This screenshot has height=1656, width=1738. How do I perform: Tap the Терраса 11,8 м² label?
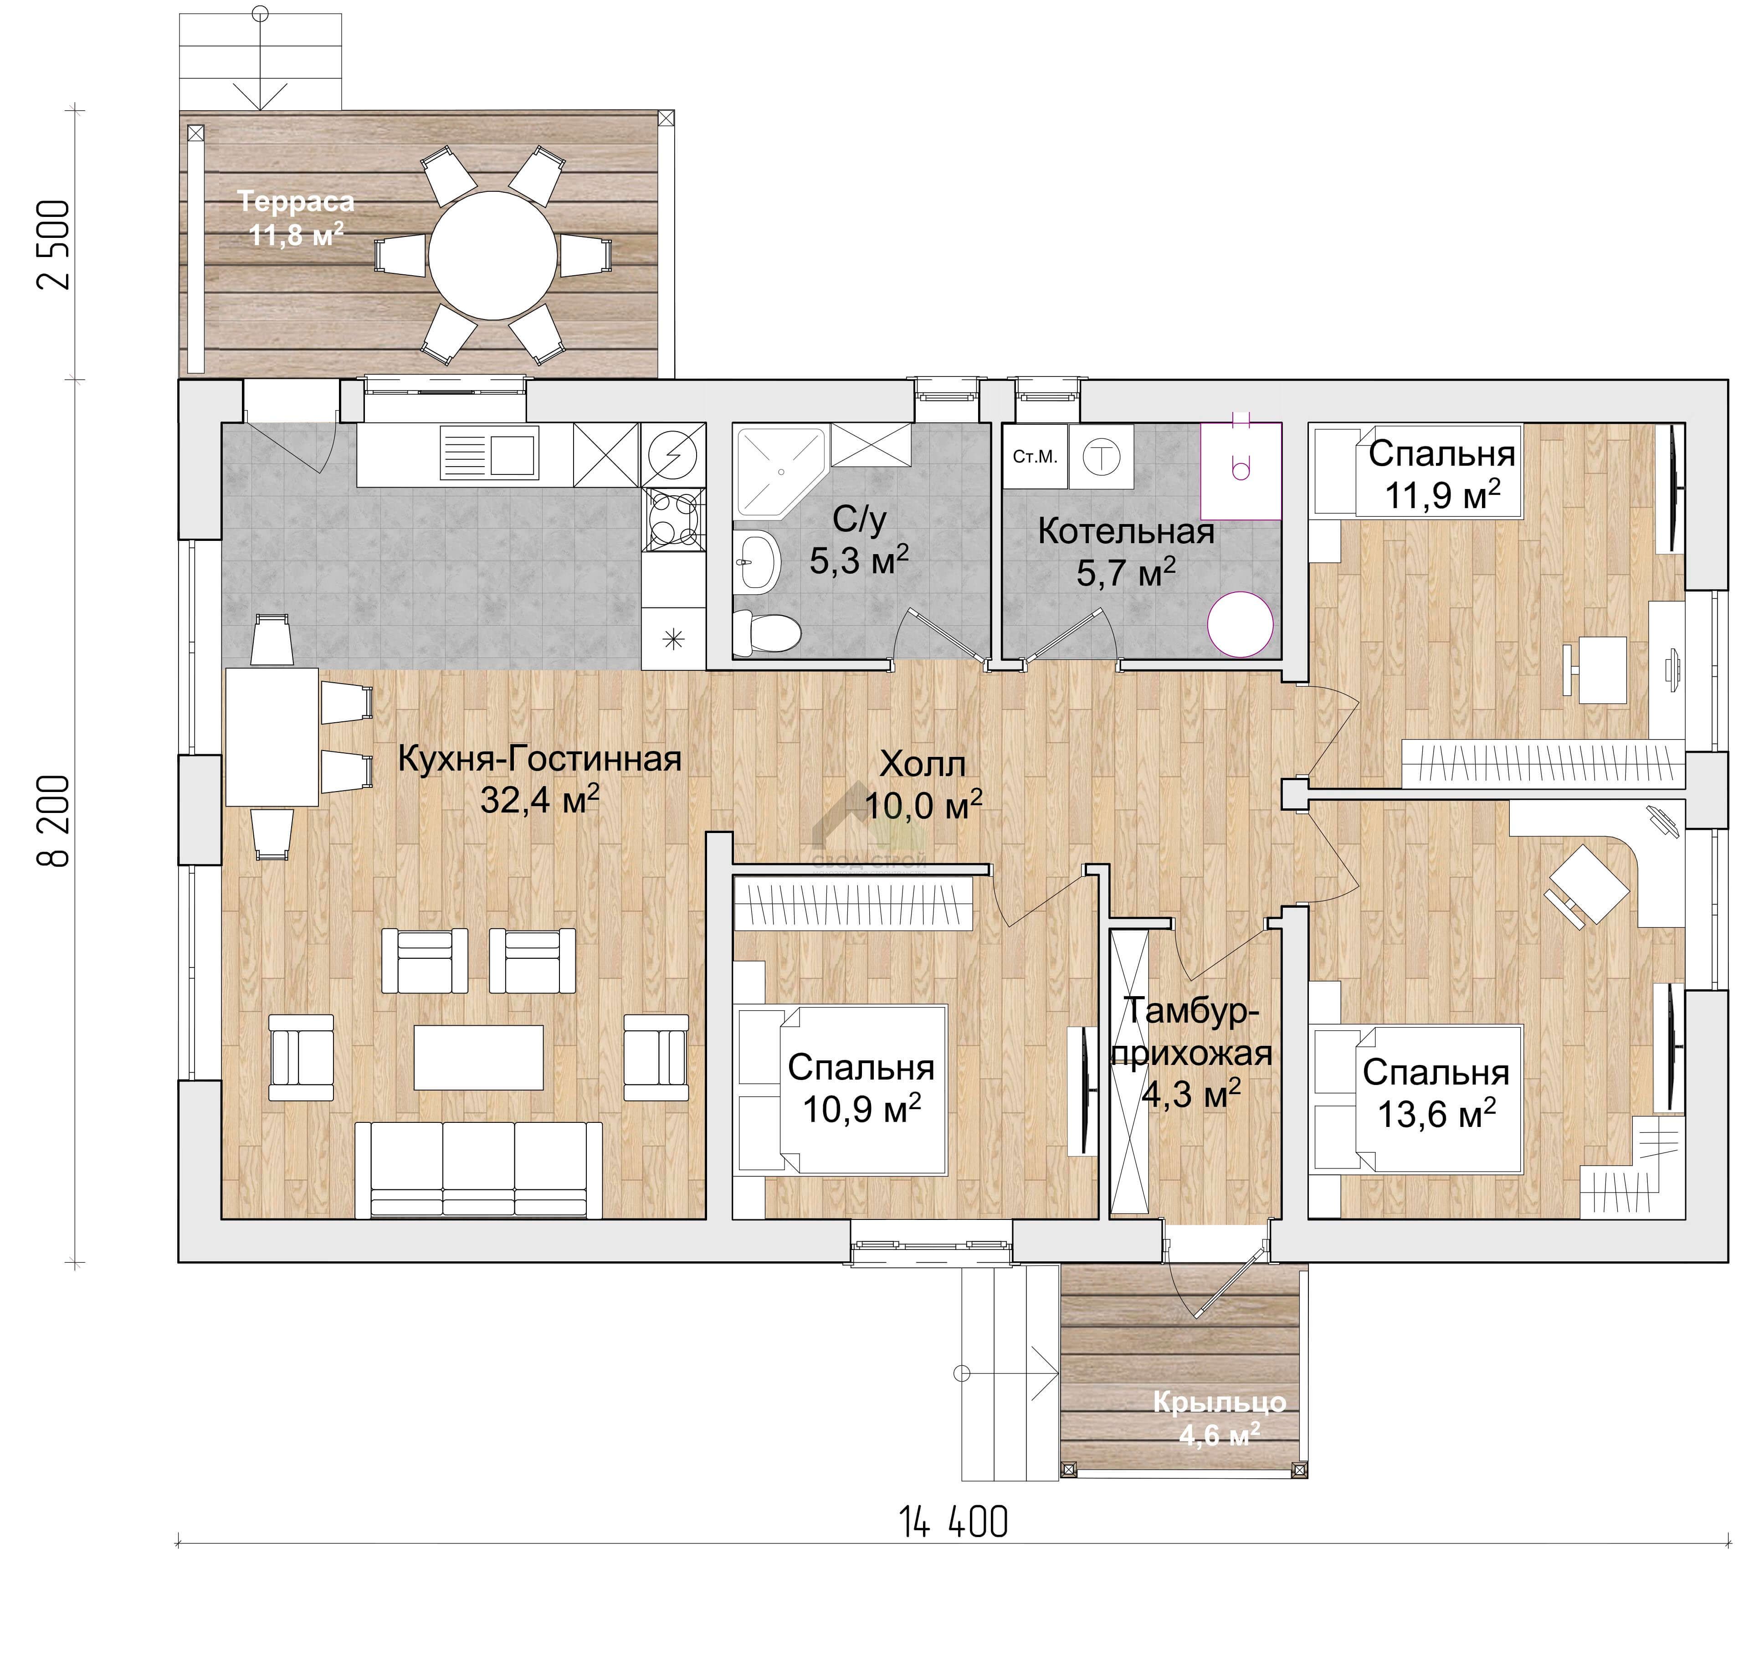pos(296,218)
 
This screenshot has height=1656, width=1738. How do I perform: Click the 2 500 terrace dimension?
pos(53,245)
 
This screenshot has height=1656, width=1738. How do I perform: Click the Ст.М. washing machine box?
pos(1035,456)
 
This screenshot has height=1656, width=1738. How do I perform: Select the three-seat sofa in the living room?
pos(478,1170)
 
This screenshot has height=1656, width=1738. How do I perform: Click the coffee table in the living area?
pos(478,1057)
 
